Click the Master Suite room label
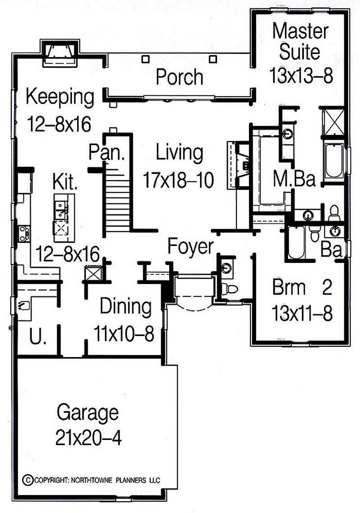301,41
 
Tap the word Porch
179,77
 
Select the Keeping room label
60,97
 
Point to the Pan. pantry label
106,152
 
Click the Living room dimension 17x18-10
178,180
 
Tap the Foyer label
190,247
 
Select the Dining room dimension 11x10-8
124,334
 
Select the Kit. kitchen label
65,182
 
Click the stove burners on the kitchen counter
24,233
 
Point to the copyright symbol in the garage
27,479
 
